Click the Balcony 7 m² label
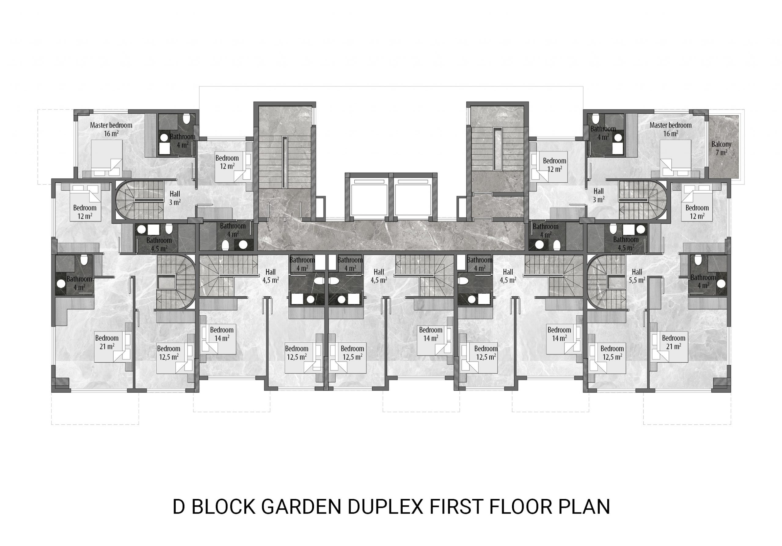(x=722, y=148)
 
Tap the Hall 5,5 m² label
(x=637, y=276)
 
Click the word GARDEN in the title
(x=301, y=507)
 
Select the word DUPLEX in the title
(x=385, y=507)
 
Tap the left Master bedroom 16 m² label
(x=111, y=129)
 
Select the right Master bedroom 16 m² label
(x=670, y=129)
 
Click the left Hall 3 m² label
(x=175, y=198)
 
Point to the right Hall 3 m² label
(x=598, y=195)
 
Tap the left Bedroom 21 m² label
(x=107, y=342)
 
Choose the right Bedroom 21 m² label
(x=673, y=342)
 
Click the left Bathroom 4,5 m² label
(x=159, y=244)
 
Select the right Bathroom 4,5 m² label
(x=626, y=244)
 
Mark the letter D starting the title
(x=179, y=507)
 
